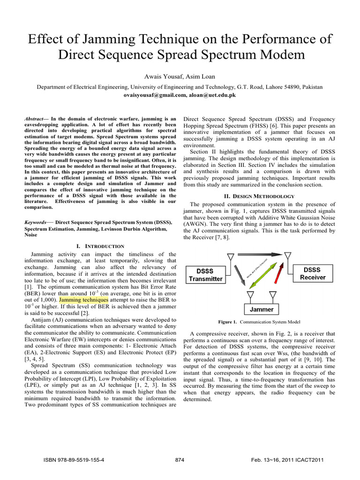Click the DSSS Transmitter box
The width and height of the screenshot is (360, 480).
tap(206, 274)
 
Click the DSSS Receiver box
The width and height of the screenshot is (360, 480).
tap(312, 274)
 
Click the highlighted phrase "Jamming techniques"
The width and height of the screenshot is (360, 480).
tap(84, 299)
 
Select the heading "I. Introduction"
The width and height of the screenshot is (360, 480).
tap(100, 246)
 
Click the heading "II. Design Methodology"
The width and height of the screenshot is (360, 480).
tap(259, 196)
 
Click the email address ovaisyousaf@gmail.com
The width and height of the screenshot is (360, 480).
tap(151, 95)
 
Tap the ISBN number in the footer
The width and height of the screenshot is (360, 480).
tap(74, 460)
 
